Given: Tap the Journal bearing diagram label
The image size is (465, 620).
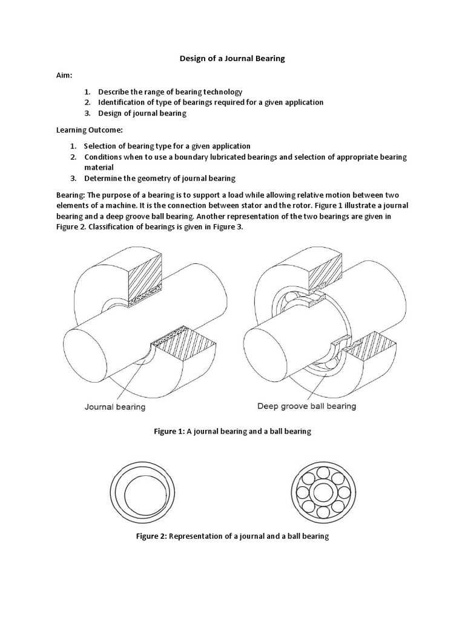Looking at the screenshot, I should (x=115, y=407).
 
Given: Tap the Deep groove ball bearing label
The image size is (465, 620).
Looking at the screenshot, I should (x=306, y=406).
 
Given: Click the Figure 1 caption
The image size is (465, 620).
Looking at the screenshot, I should (x=232, y=432).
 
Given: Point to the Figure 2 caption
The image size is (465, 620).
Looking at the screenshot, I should (x=232, y=536).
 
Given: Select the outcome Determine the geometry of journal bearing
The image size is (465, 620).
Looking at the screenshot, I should (x=160, y=179).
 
